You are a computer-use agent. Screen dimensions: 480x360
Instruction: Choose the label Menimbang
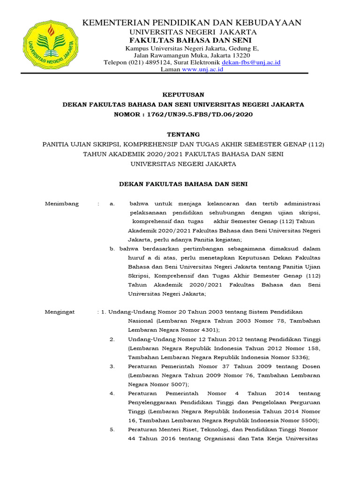(x=62, y=204)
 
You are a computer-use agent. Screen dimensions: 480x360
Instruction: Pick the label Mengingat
(x=60, y=312)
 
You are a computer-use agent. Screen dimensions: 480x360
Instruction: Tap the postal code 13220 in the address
(x=240, y=55)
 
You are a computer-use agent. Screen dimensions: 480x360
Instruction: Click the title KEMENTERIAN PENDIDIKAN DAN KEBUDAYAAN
(x=192, y=22)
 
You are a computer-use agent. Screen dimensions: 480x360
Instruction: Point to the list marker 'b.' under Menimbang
(x=112, y=249)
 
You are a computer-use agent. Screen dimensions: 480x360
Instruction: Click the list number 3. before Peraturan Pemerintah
(x=112, y=366)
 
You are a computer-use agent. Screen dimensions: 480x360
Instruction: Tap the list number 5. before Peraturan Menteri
(x=112, y=429)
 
